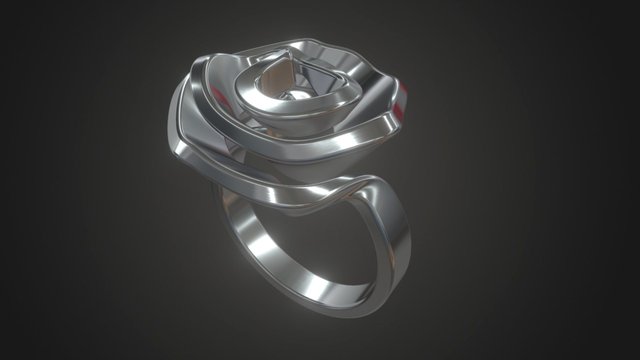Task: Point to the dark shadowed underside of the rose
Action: point(290,200)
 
